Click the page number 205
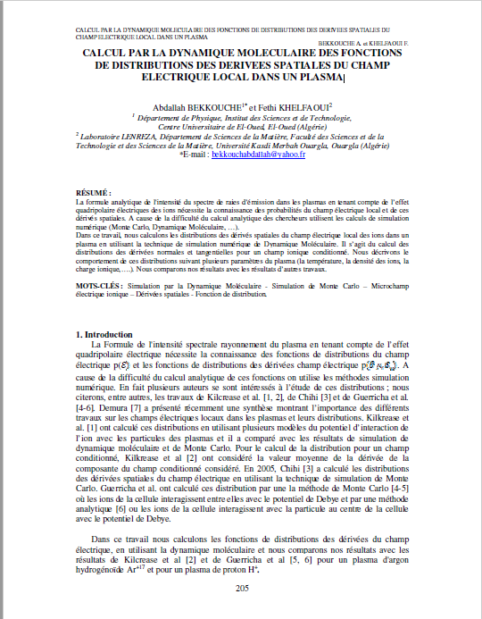click(241, 589)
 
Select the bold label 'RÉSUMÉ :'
click(94, 193)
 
